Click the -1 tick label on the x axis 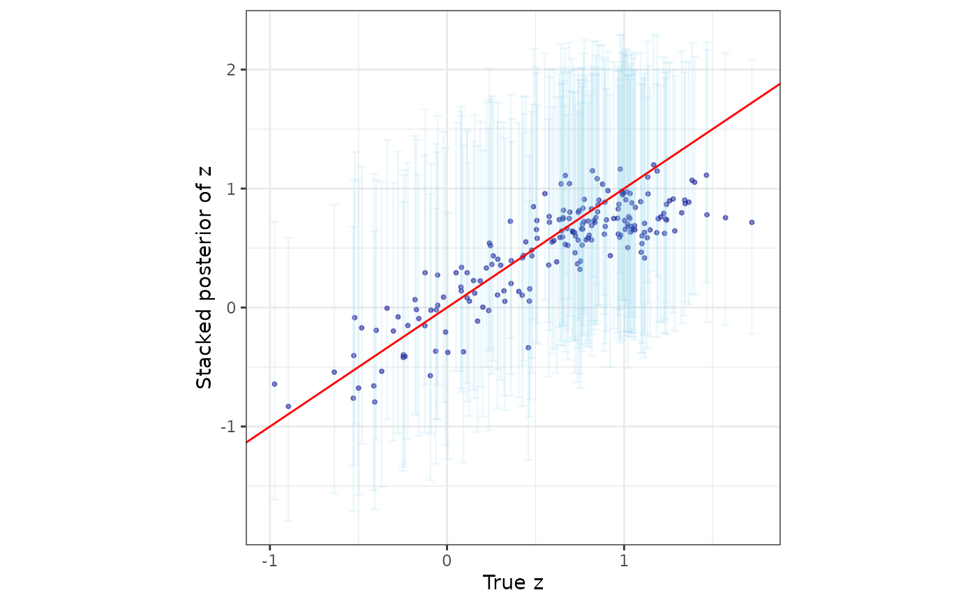point(269,561)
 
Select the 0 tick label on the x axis point(447,561)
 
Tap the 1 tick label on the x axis point(624,561)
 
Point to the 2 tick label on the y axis point(231,70)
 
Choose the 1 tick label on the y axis point(231,189)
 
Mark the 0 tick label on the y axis point(231,308)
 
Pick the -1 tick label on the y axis point(228,427)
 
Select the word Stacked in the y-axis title point(204,348)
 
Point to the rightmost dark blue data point point(752,223)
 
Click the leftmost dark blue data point point(274,384)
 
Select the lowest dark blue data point point(288,406)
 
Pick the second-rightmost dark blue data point point(725,218)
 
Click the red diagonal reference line point(513,263)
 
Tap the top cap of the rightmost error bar point(752,60)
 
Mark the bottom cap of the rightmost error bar point(752,334)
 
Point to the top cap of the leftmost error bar point(274,222)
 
